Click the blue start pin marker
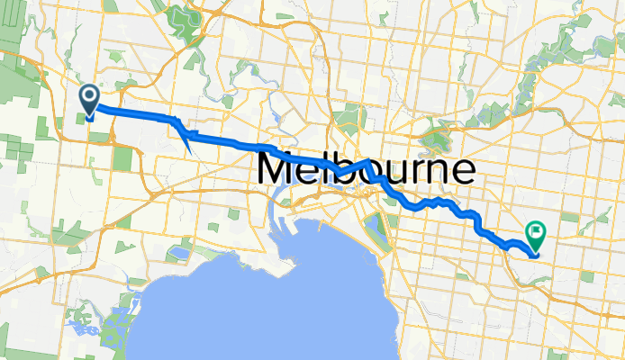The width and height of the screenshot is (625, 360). point(90,100)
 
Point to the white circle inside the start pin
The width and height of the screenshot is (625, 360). point(90,96)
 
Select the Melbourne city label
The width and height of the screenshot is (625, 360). point(367,170)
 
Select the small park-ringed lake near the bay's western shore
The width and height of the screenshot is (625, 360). point(177,253)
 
